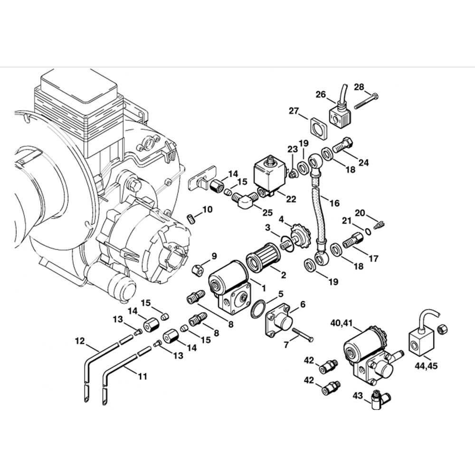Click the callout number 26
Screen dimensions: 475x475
tap(321, 94)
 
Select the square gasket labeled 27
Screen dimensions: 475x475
tap(318, 129)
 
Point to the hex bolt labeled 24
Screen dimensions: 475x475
tap(342, 145)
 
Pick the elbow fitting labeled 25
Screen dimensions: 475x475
tap(246, 200)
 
